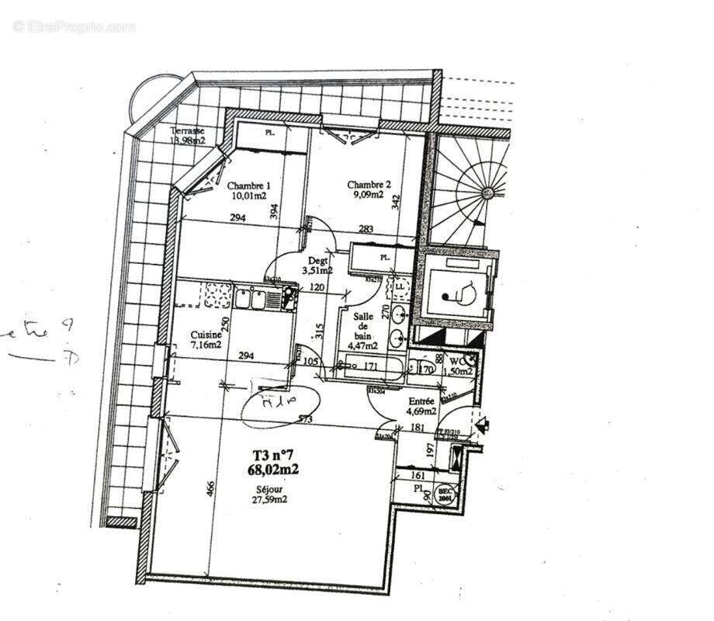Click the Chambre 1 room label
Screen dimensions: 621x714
(248, 186)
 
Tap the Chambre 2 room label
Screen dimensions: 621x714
(369, 185)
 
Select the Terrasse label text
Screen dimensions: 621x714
(188, 131)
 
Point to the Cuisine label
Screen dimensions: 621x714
(206, 335)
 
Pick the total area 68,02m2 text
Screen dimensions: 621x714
(272, 469)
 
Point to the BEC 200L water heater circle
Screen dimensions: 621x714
(446, 495)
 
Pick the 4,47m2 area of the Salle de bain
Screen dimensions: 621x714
(362, 346)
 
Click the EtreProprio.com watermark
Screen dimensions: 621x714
(74, 26)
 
